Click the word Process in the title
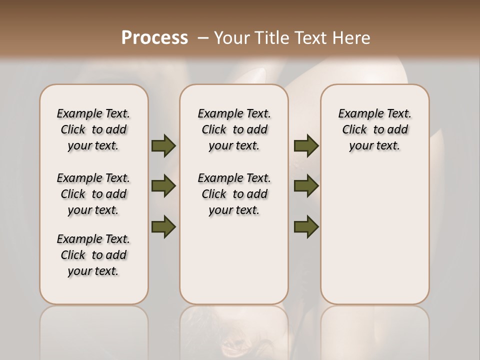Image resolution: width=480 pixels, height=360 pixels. click(154, 38)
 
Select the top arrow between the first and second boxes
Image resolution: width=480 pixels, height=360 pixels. click(163, 145)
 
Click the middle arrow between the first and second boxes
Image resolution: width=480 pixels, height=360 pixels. click(163, 186)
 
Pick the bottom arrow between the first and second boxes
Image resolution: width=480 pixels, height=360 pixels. click(163, 226)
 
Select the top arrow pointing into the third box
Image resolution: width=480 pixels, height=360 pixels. click(306, 145)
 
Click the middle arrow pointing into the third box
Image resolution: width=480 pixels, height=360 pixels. click(306, 186)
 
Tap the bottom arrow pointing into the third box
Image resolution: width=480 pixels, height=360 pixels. click(306, 226)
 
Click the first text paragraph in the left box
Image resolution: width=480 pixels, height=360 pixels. click(93, 129)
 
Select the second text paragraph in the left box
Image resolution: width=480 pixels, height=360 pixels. click(93, 194)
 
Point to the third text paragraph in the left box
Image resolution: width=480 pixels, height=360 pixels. click(93, 255)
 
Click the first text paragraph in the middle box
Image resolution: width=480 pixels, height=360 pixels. click(234, 129)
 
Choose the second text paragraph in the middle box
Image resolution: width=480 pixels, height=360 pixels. click(234, 194)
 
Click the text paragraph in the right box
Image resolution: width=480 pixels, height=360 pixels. click(375, 129)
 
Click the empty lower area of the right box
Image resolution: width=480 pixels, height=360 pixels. click(375, 235)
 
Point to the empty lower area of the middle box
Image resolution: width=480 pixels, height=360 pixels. click(234, 260)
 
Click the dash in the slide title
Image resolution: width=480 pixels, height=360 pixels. click(203, 38)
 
